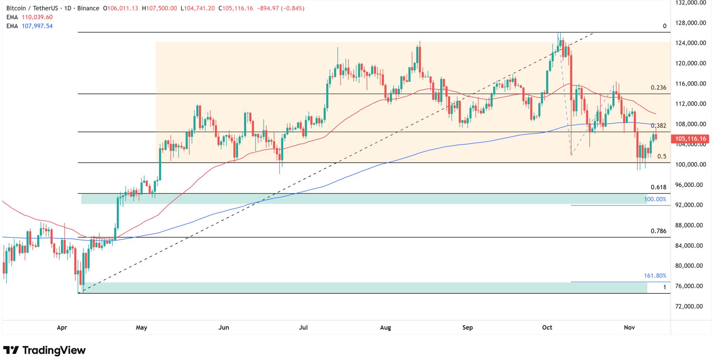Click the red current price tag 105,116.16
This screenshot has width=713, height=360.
690,139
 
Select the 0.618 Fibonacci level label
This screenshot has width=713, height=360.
658,188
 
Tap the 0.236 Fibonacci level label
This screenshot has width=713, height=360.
658,88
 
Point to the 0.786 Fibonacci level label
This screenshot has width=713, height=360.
658,231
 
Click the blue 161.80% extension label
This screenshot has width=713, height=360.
655,276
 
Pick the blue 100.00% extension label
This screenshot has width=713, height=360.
655,199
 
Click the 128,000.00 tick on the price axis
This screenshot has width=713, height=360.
691,23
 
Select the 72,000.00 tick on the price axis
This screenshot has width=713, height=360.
691,307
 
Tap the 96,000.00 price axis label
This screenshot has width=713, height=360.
691,185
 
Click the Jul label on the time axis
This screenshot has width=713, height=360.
303,328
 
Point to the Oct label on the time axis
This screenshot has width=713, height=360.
547,328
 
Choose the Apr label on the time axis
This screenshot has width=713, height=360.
62,328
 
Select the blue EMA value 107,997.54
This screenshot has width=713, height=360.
37,26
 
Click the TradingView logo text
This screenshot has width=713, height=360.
54,350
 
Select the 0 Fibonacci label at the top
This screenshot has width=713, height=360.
665,26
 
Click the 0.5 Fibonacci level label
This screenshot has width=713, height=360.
662,157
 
